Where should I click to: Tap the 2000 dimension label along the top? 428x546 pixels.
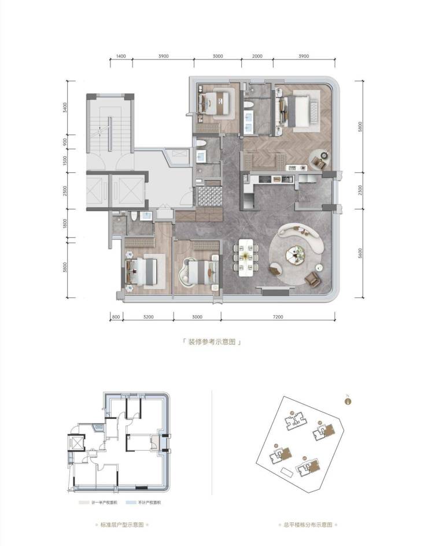pos(257,56)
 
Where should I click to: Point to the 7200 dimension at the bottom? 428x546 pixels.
pos(278,317)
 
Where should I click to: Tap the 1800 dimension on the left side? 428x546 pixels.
pos(67,223)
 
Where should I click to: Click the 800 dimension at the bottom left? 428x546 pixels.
pos(116,317)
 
